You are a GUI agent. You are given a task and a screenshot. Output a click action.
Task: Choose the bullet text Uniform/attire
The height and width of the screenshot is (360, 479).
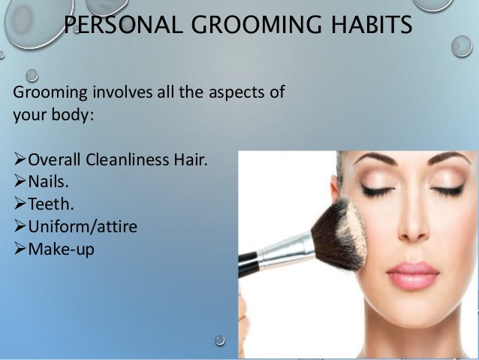click(83, 225)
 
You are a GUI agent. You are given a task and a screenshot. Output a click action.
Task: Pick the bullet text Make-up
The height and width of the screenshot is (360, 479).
click(61, 248)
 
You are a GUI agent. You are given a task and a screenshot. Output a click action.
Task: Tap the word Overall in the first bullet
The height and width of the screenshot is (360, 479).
click(55, 160)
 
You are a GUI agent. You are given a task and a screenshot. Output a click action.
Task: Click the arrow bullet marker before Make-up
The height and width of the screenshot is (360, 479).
click(20, 248)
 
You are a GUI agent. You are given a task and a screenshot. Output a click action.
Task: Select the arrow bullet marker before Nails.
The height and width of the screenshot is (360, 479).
click(20, 181)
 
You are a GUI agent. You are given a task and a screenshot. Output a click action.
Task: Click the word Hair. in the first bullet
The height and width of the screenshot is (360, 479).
click(190, 160)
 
